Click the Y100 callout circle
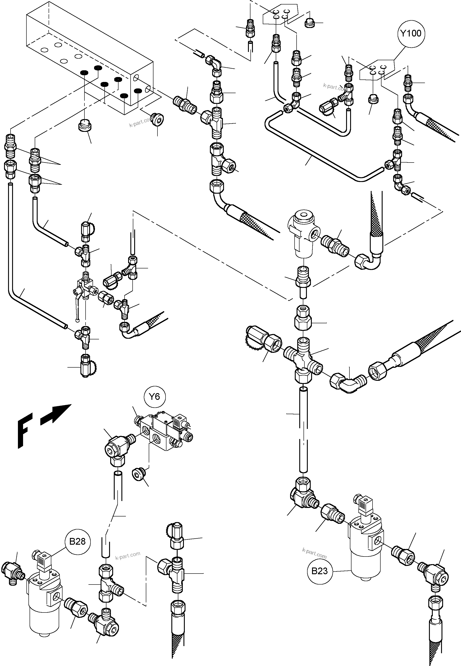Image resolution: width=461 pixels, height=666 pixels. point(411,34)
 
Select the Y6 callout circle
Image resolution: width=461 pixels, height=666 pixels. point(155,397)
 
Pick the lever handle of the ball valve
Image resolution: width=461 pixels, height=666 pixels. point(77,307)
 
